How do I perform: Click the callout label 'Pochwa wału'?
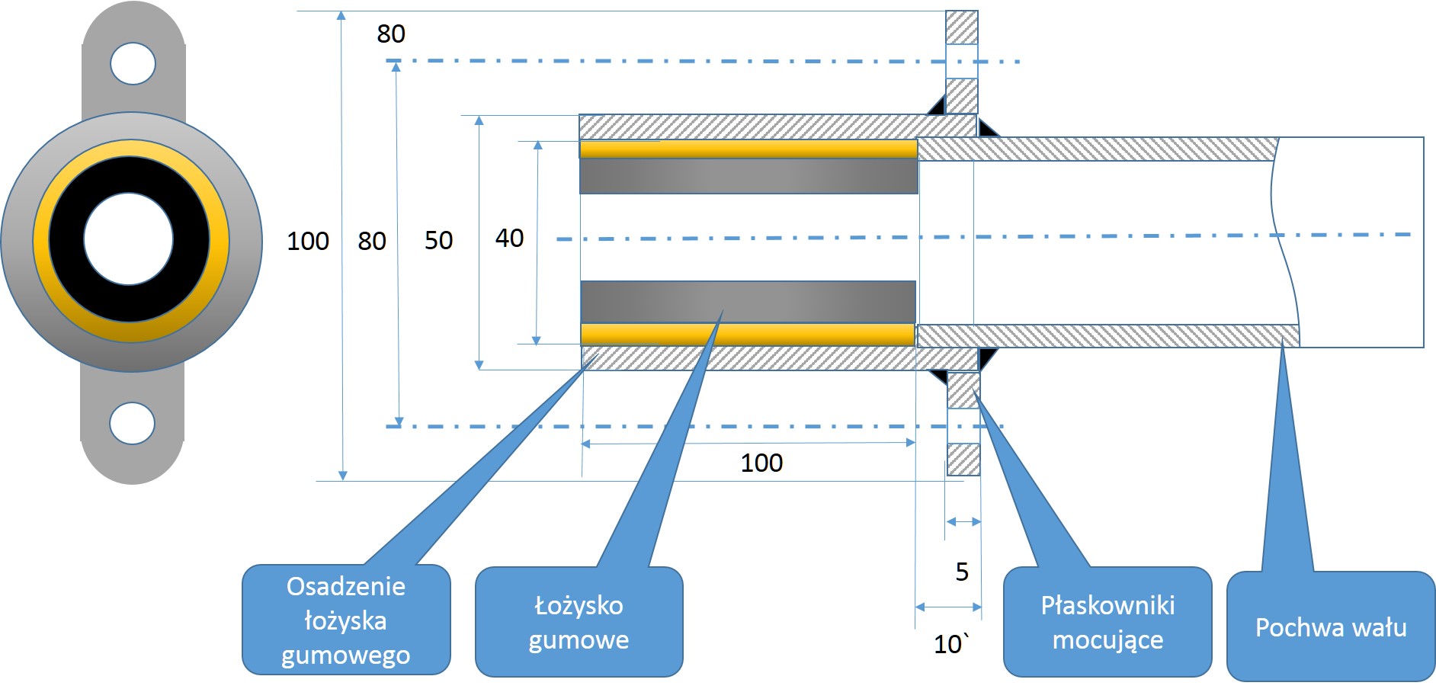[1330, 627]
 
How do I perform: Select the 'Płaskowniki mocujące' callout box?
[1107, 622]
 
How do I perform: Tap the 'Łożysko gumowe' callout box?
[579, 622]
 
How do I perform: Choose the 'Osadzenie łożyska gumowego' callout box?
[346, 620]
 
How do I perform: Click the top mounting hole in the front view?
[133, 63]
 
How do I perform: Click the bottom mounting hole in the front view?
[132, 423]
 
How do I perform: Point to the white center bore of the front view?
[129, 239]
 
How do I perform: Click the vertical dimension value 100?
[307, 241]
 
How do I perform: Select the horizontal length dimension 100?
[761, 463]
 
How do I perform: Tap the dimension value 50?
[438, 240]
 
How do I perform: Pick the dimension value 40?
[509, 238]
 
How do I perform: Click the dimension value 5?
[962, 572]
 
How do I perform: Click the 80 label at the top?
[391, 34]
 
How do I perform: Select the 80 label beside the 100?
[372, 241]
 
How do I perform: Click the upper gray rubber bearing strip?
[748, 176]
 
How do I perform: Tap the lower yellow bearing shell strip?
[747, 335]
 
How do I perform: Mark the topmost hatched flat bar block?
[961, 27]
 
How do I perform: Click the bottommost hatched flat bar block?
[963, 460]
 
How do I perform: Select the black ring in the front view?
[65, 239]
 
